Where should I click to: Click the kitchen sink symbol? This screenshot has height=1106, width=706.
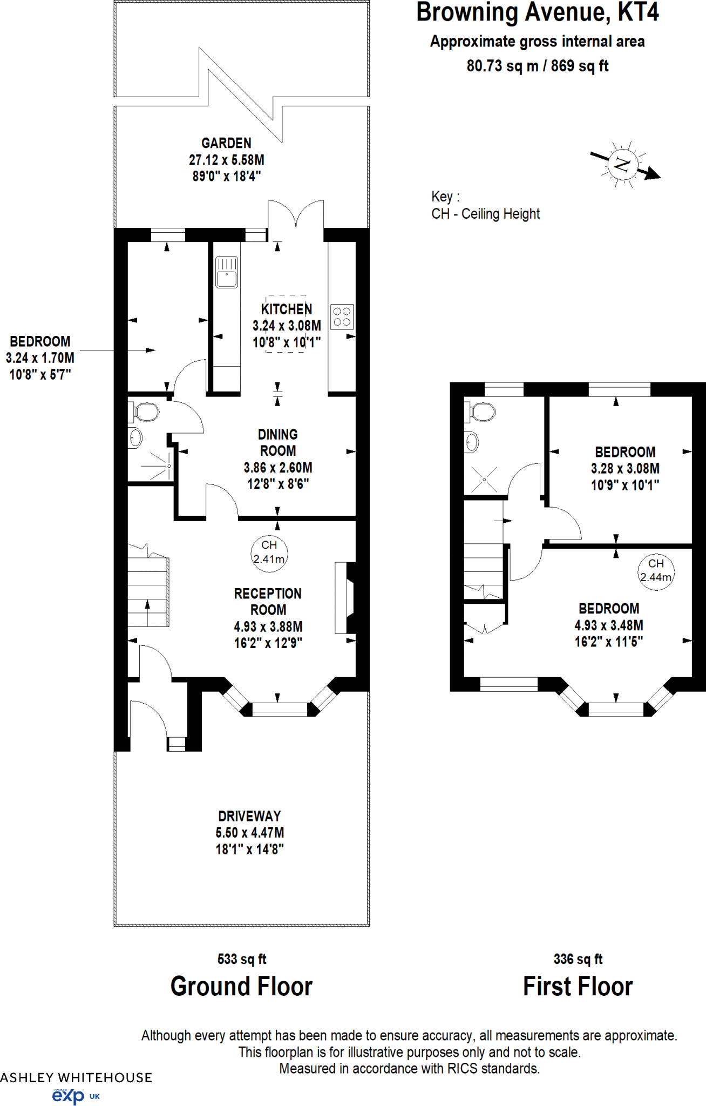click(x=227, y=272)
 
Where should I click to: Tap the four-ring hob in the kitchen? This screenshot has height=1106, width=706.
click(x=342, y=316)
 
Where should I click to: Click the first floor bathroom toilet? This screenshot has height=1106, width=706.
click(x=481, y=412)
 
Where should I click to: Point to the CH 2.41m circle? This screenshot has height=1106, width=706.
click(x=269, y=552)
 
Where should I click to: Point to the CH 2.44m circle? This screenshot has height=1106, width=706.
click(x=656, y=571)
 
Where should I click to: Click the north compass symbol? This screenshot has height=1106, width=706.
click(x=623, y=164)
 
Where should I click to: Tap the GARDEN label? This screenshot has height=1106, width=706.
click(x=226, y=143)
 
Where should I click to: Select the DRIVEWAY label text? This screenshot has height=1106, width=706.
click(x=249, y=816)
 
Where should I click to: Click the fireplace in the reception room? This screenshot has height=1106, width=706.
click(x=345, y=597)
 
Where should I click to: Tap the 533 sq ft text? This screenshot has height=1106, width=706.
click(x=242, y=959)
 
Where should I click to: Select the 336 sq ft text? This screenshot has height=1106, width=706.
click(x=578, y=959)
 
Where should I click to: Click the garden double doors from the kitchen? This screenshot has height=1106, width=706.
click(x=296, y=216)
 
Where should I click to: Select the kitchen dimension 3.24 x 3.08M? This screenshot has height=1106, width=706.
click(x=287, y=326)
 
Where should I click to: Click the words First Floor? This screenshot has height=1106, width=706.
click(x=578, y=986)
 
